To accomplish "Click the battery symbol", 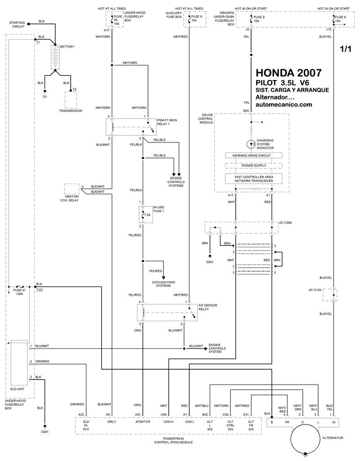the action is click(55, 58).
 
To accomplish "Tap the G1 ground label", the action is click(45, 96).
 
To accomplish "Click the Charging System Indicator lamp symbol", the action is click(251, 144).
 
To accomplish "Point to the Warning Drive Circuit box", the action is click(253, 155).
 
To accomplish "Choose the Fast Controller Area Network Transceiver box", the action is click(253, 179).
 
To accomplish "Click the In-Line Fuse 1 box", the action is click(146, 215).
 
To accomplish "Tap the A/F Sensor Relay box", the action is click(167, 313).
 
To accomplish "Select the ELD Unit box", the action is click(19, 363).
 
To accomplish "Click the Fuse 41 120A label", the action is click(19, 292).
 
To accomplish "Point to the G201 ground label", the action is click(45, 432).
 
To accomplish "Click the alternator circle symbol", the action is click(306, 438).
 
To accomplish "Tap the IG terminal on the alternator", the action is click(333, 422).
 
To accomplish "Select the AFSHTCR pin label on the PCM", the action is click(143, 421).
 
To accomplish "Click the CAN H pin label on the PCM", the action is click(169, 421).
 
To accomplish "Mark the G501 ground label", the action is click(210, 262).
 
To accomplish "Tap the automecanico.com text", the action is click(284, 104).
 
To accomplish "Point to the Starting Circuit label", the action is click(17, 24).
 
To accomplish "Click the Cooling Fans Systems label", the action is click(163, 284).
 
